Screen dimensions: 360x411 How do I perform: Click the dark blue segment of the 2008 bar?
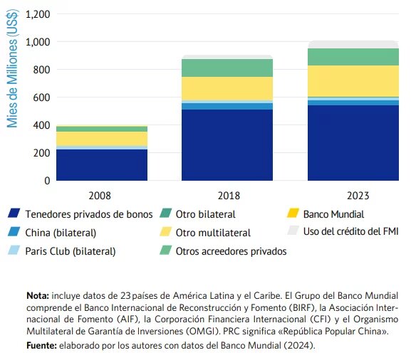tap(102, 164)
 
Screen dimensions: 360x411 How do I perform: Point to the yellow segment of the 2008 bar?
tap(102, 138)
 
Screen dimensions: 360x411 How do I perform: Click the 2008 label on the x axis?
tap(102, 194)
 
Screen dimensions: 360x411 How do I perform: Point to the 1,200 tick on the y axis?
tap(36, 14)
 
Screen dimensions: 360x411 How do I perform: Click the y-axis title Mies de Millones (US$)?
tap(12, 70)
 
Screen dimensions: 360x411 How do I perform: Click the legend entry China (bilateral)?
tap(61, 232)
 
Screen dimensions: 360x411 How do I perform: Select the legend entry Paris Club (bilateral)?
tap(70, 250)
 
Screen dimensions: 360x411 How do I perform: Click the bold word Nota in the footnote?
tap(36, 294)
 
